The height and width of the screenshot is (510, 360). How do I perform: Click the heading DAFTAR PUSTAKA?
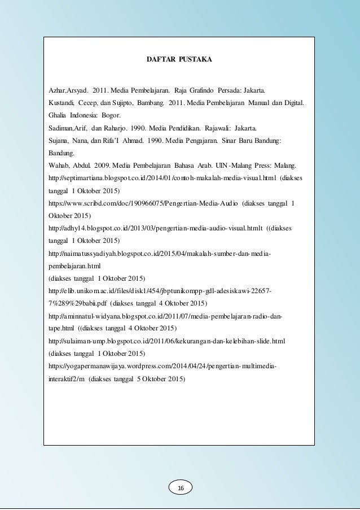[179, 59]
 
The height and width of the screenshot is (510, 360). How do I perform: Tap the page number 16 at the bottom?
[181, 487]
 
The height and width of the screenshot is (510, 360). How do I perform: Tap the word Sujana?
[59, 140]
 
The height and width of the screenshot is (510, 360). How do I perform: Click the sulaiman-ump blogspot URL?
[167, 341]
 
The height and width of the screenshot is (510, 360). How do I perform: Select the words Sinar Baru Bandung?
[248, 140]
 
